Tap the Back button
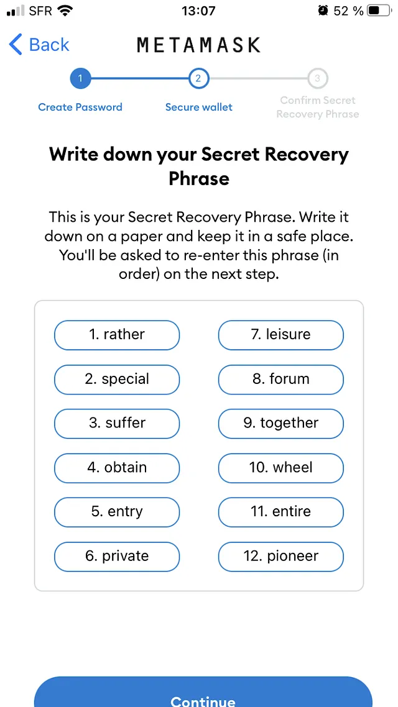click(39, 45)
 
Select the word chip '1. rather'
click(117, 335)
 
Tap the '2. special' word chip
click(117, 379)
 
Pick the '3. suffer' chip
click(117, 423)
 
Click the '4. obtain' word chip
click(117, 468)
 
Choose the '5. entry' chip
click(117, 512)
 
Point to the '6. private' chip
click(117, 556)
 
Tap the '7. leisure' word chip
click(280, 335)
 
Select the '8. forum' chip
click(280, 379)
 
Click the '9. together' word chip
click(280, 423)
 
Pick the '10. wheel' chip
click(280, 468)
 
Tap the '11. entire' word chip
click(280, 512)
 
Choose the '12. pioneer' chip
click(280, 556)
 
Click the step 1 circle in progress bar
click(80, 78)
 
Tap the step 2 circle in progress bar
click(198, 78)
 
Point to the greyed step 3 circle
click(317, 78)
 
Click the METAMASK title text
click(198, 45)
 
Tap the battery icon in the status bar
click(378, 11)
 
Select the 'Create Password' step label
click(80, 107)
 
